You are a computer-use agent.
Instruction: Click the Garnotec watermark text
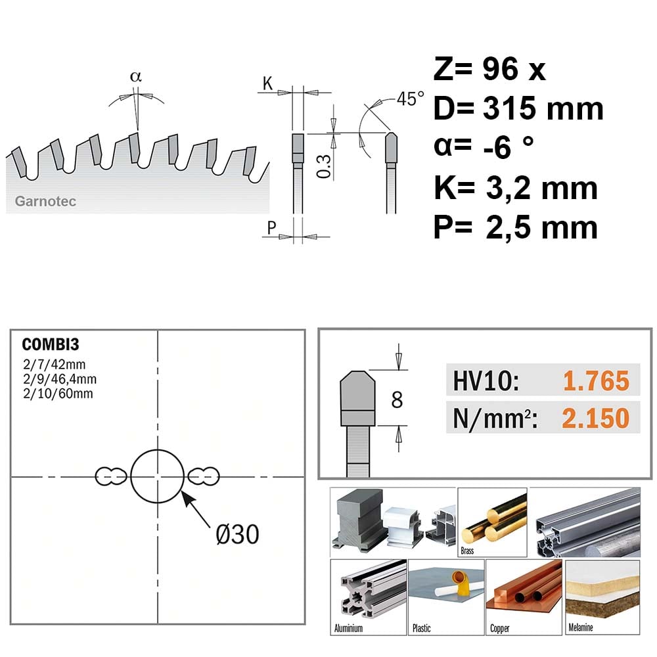(x=45, y=201)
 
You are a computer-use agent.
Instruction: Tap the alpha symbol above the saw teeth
(x=136, y=77)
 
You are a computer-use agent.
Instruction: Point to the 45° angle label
(x=410, y=99)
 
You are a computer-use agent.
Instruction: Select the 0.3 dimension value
(x=324, y=166)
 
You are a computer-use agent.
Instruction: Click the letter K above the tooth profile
(x=267, y=83)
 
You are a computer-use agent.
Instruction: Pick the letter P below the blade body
(x=271, y=227)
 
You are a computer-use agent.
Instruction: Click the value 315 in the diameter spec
(x=510, y=108)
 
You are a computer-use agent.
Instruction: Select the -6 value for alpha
(x=497, y=147)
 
